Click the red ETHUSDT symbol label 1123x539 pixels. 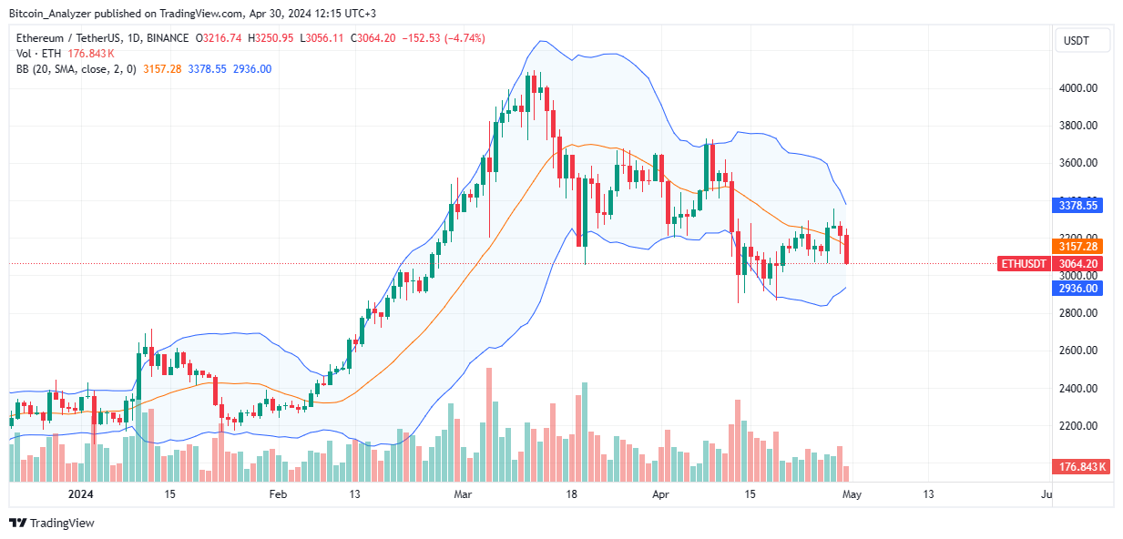tap(1023, 264)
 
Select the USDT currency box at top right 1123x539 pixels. tap(1082, 40)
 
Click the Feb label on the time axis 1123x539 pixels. tap(278, 494)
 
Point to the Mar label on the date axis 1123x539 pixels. tap(463, 494)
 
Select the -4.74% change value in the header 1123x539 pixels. tap(465, 38)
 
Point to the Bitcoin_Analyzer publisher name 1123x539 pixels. tap(51, 14)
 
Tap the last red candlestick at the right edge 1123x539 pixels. tap(848, 249)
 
